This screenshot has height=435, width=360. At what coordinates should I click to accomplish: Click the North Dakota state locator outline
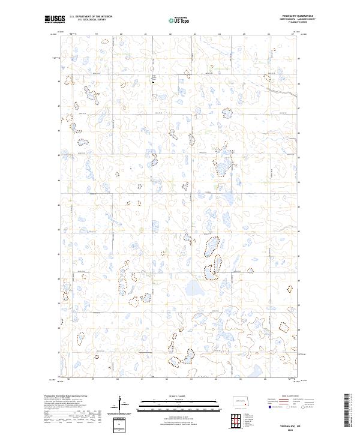243,403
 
